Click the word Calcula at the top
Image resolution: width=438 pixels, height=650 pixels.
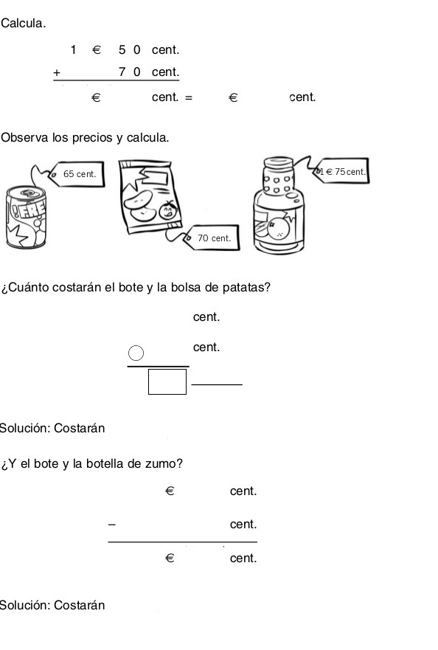tap(23, 23)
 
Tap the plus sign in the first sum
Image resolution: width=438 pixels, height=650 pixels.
tap(57, 72)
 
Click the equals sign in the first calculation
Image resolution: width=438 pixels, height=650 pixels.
tap(189, 97)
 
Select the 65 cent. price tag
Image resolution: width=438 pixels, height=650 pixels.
tap(79, 174)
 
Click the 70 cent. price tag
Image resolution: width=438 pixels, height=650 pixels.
tap(214, 238)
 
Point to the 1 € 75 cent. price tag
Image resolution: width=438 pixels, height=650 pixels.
tap(342, 171)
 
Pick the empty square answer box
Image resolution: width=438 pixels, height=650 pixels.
tap(167, 382)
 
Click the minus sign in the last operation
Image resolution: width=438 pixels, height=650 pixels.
tap(112, 525)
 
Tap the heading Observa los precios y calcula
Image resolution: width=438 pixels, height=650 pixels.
tap(85, 138)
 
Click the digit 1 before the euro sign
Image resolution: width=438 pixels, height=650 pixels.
tap(74, 50)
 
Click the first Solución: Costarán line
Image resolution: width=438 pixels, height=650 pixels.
tap(52, 428)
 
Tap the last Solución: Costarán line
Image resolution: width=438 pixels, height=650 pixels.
tap(52, 606)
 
